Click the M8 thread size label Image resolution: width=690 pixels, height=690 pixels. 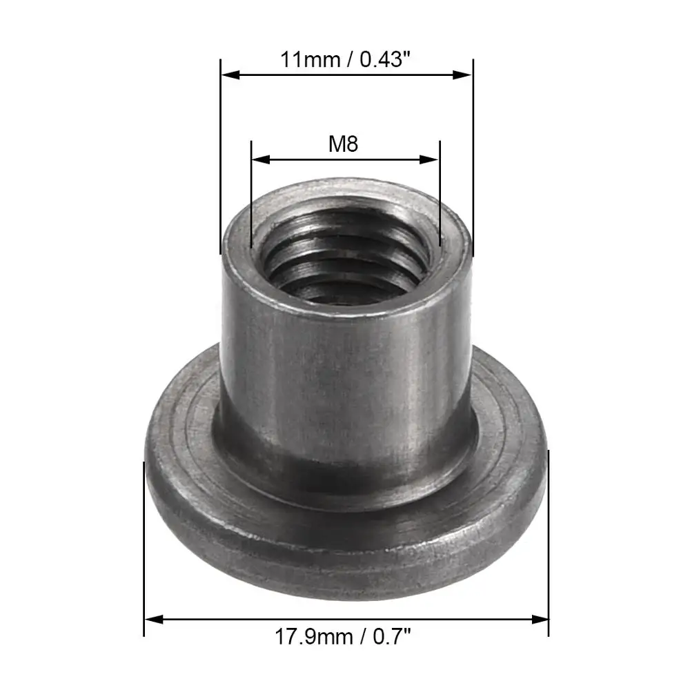(343, 144)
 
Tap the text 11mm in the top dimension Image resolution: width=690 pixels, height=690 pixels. (310, 59)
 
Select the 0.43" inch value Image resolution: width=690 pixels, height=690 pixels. (385, 59)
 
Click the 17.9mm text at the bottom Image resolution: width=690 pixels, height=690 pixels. (314, 637)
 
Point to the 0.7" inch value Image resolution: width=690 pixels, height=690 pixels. (392, 637)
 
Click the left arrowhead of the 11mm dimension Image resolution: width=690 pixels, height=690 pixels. (230, 75)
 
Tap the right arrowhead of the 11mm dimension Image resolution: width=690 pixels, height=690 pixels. (462, 75)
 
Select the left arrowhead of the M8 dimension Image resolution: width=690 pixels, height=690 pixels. (261, 159)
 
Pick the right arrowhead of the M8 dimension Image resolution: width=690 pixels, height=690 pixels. (429, 159)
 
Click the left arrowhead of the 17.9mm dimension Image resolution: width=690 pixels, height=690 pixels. (154, 620)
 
